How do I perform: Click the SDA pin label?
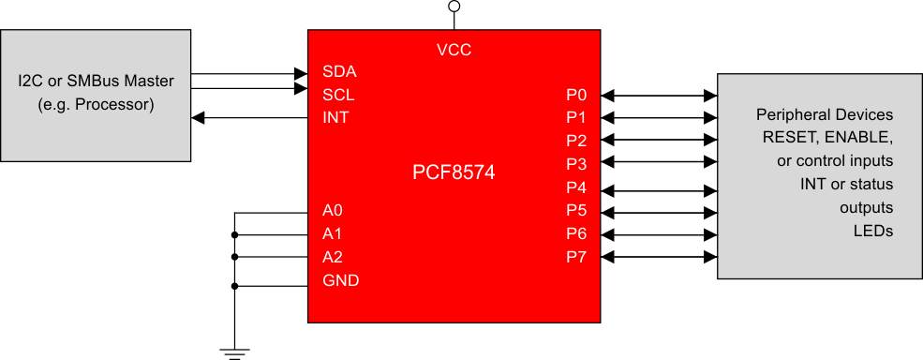338,71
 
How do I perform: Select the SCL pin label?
338,95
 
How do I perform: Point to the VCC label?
454,50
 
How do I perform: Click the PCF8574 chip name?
454,172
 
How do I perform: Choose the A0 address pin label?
332,210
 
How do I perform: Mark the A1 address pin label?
332,233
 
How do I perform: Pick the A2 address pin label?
332,256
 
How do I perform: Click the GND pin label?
340,280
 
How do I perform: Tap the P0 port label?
576,95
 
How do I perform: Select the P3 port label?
576,164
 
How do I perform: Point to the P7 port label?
576,257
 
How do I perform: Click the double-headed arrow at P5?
659,210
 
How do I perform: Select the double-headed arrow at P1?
659,118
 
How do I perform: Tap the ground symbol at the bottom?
234,352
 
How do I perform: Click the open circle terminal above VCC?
454,7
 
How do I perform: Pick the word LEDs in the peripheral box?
872,231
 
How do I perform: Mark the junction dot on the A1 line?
234,234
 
